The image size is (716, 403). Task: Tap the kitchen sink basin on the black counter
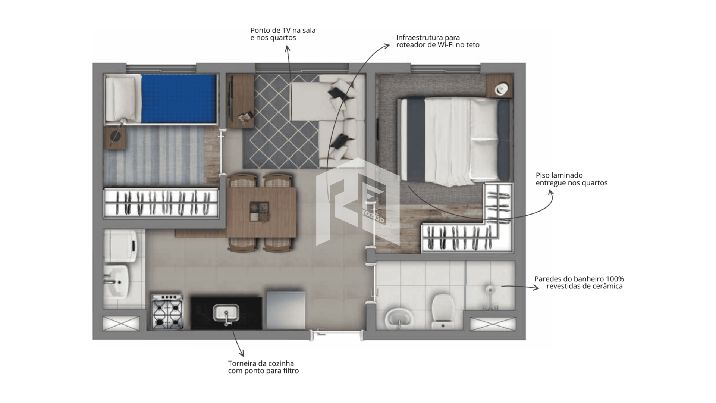[226, 313]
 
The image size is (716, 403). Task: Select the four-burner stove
[167, 312]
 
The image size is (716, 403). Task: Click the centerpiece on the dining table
[260, 212]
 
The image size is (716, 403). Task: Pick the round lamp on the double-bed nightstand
[501, 89]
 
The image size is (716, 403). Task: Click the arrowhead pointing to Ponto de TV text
[287, 49]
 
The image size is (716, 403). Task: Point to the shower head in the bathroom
[490, 289]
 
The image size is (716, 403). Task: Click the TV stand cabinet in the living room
[241, 101]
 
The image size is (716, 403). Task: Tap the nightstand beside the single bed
[115, 138]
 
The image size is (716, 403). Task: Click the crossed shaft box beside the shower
[493, 324]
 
